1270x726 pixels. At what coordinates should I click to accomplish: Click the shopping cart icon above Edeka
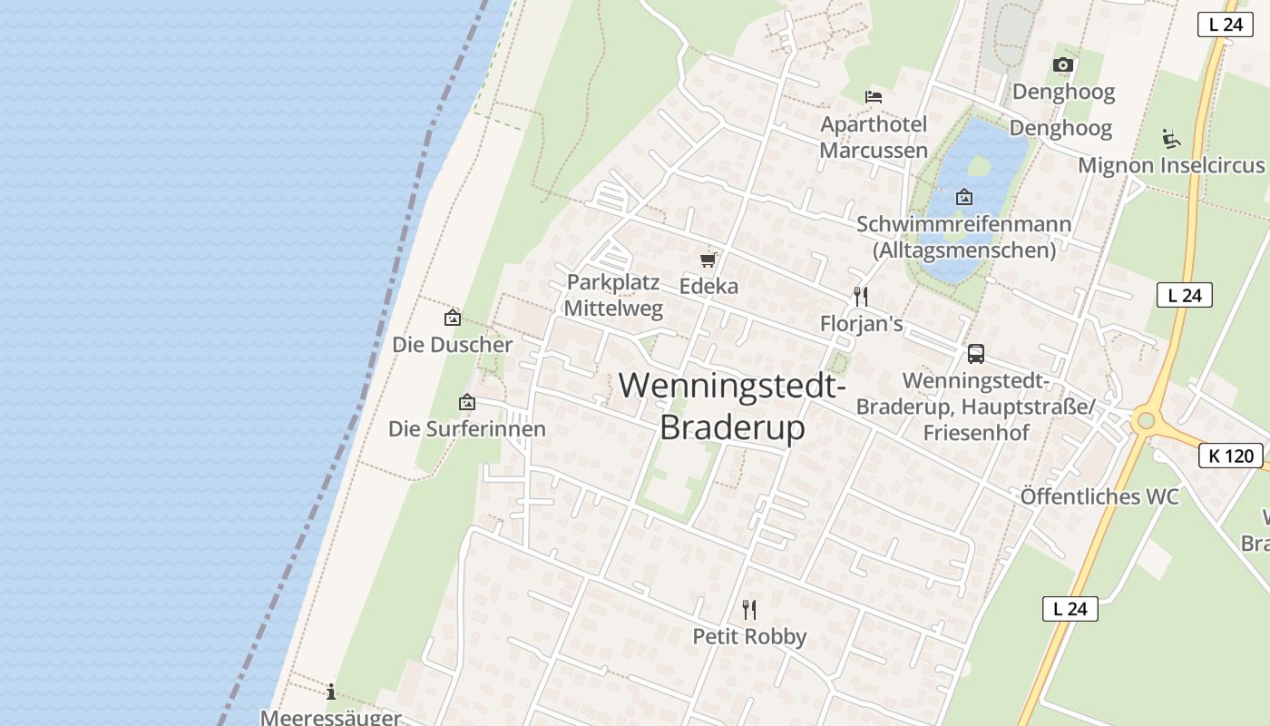click(x=708, y=260)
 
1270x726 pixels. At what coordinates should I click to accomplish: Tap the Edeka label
click(x=708, y=286)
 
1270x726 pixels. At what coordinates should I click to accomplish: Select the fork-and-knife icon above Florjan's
click(x=861, y=297)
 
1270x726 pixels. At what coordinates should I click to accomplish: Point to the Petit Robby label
click(x=749, y=636)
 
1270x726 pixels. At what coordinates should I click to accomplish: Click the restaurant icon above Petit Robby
click(x=749, y=609)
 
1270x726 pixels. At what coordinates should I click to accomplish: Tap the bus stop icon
click(x=976, y=354)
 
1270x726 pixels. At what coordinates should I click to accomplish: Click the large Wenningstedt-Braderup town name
click(x=732, y=405)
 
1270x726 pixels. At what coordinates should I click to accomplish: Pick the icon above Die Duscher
click(x=452, y=318)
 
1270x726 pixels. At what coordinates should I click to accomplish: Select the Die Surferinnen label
click(x=467, y=428)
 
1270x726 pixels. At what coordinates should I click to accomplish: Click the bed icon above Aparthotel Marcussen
click(x=874, y=96)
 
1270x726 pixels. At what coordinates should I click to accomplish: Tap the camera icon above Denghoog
click(x=1063, y=64)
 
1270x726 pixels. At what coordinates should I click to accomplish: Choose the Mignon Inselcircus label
click(x=1170, y=165)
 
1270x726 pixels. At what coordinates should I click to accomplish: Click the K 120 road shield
click(x=1231, y=456)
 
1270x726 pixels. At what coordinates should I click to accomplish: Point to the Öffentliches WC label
click(x=1099, y=496)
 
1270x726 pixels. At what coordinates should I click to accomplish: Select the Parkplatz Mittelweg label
click(x=613, y=295)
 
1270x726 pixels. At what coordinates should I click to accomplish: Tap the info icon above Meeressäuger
click(x=331, y=692)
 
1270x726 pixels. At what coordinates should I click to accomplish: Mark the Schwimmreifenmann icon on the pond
click(x=963, y=196)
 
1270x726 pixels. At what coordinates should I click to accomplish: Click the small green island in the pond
click(x=979, y=166)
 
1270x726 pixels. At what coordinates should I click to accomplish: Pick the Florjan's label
click(x=861, y=323)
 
